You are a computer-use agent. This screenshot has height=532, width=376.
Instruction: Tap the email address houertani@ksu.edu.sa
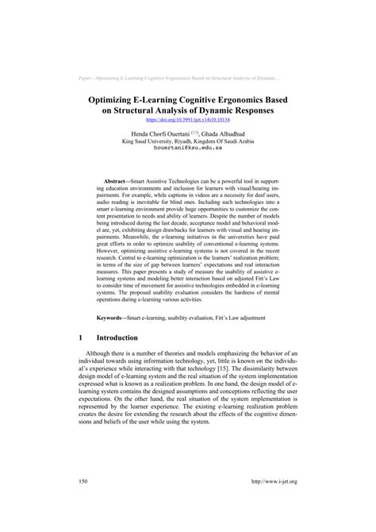click(x=188, y=148)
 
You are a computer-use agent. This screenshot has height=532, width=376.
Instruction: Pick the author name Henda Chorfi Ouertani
click(x=156, y=134)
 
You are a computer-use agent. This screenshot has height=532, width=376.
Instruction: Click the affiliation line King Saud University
click(x=188, y=141)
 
